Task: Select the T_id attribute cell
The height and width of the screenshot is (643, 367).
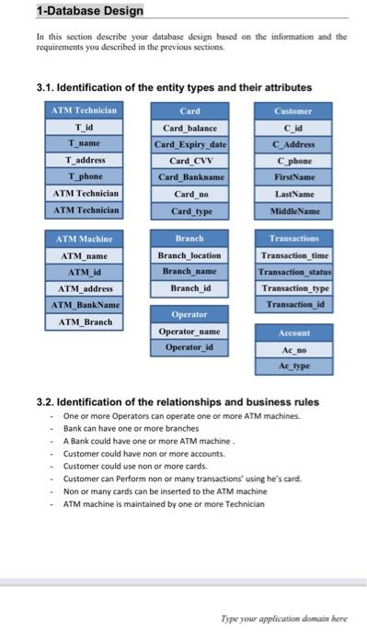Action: pyautogui.click(x=89, y=126)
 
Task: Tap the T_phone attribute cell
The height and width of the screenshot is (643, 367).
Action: pyautogui.click(x=89, y=175)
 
